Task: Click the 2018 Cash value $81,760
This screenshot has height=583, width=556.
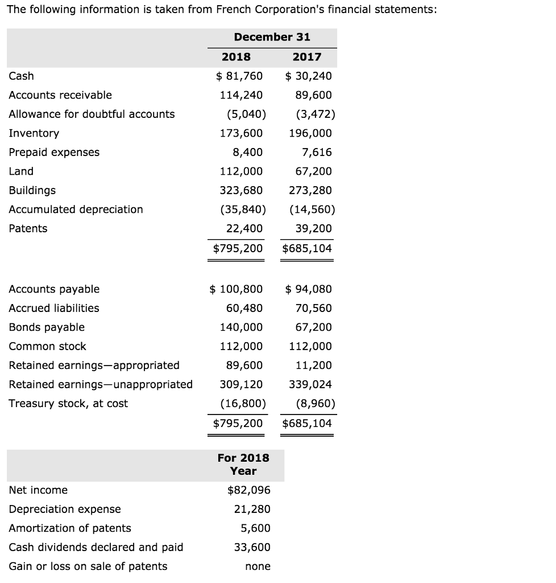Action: pyautogui.click(x=239, y=76)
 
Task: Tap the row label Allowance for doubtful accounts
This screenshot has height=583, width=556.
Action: pyautogui.click(x=92, y=114)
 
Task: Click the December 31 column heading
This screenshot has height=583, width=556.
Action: pyautogui.click(x=272, y=37)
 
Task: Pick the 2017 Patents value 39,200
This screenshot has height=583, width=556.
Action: pyautogui.click(x=313, y=228)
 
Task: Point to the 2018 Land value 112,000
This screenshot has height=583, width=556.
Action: pyautogui.click(x=241, y=171)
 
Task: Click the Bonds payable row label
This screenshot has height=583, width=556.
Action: pyautogui.click(x=47, y=327)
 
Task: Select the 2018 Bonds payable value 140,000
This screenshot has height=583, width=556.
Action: pyautogui.click(x=241, y=327)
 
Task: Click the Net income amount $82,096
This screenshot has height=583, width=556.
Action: pyautogui.click(x=248, y=490)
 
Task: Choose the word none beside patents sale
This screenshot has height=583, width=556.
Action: pyautogui.click(x=258, y=566)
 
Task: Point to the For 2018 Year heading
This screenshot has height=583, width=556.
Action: pyautogui.click(x=243, y=464)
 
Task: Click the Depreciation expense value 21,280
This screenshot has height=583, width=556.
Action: pyautogui.click(x=252, y=509)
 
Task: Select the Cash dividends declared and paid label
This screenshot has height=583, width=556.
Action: pyautogui.click(x=96, y=547)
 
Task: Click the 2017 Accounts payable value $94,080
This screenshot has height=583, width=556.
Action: pyautogui.click(x=308, y=289)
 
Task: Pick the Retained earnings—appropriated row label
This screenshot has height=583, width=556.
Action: pyautogui.click(x=94, y=365)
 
